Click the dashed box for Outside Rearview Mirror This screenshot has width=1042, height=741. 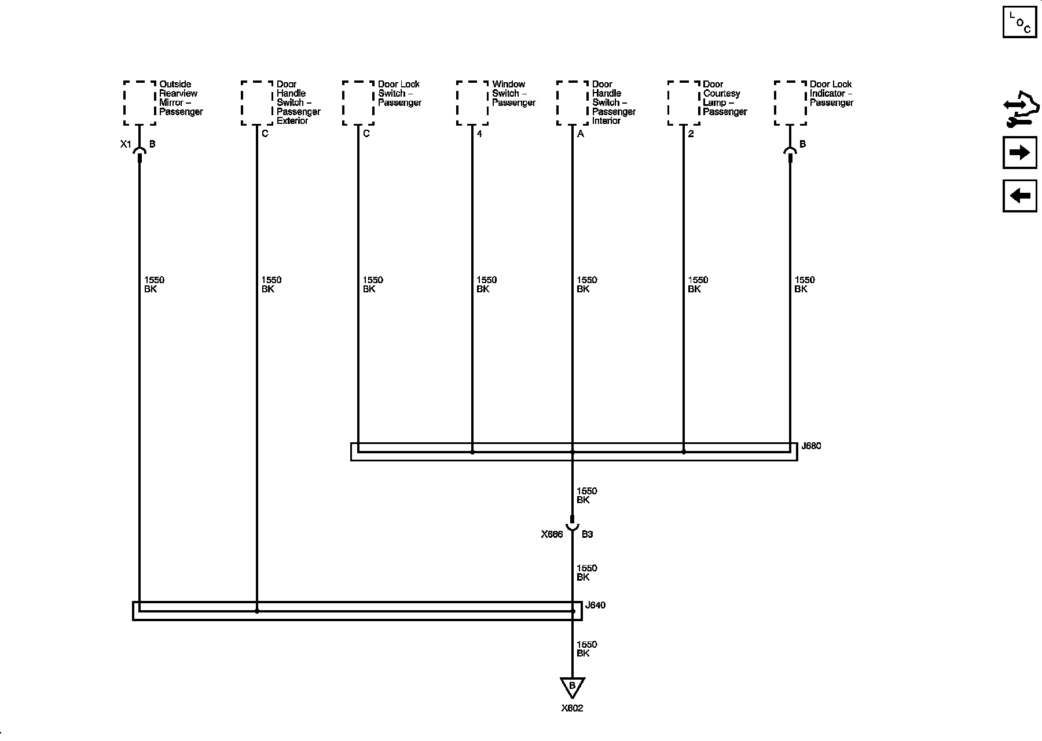tap(140, 103)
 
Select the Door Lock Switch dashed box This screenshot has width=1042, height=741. tap(358, 103)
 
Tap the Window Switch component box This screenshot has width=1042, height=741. tap(472, 103)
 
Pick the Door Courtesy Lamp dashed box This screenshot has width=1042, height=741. tap(684, 103)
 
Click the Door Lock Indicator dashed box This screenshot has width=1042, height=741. tap(790, 103)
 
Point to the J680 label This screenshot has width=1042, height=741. tap(811, 446)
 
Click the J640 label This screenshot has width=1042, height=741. tap(595, 606)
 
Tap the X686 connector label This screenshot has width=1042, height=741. tap(552, 534)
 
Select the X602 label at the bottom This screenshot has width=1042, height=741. tap(572, 709)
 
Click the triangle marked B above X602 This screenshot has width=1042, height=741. tap(572, 686)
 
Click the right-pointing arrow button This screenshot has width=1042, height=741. tap(1019, 153)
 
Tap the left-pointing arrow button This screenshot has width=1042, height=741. tap(1019, 196)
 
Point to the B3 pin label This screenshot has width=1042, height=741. tap(587, 534)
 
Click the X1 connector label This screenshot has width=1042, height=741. tap(126, 144)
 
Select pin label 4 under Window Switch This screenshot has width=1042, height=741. tap(479, 134)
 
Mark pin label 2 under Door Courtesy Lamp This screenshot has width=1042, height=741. tap(691, 134)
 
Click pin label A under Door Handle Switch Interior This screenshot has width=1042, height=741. tap(581, 134)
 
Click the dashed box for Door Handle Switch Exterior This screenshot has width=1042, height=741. tap(257, 103)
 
